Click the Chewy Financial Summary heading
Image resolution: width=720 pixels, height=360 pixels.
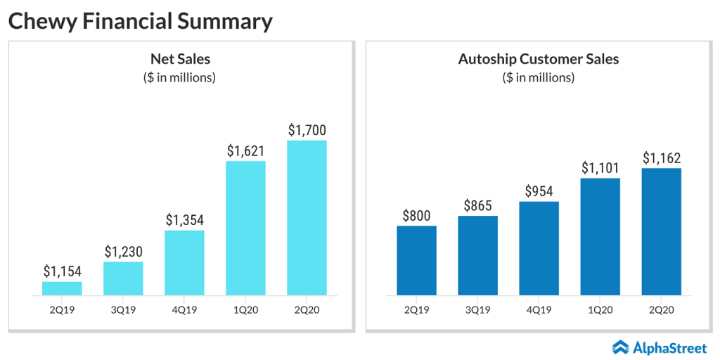click(140, 21)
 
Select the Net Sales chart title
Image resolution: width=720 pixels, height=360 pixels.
click(180, 59)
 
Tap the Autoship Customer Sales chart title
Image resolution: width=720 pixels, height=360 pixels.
click(539, 59)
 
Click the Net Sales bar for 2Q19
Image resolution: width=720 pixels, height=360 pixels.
click(62, 288)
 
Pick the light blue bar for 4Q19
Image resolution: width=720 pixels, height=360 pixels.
click(184, 262)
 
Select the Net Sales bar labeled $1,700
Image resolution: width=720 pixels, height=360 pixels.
click(307, 217)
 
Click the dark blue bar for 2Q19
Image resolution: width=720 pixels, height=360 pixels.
click(416, 260)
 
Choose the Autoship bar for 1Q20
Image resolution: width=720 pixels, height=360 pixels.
click(600, 236)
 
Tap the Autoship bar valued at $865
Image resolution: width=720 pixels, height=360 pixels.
click(477, 255)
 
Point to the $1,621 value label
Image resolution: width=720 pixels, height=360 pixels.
click(245, 150)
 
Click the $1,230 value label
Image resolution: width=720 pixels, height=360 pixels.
click(123, 251)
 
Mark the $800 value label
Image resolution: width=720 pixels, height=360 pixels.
click(416, 215)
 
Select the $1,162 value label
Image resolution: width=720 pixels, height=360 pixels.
click(661, 157)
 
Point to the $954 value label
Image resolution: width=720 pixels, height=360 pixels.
click(539, 191)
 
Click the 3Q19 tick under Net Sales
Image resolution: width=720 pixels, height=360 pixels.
click(123, 309)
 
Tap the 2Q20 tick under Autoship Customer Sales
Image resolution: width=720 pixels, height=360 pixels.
click(661, 309)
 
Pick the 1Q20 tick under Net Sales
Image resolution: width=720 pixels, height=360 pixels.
click(245, 309)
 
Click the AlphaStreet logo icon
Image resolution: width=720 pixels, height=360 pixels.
click(620, 346)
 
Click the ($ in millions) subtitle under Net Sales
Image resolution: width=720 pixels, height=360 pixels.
click(180, 77)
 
